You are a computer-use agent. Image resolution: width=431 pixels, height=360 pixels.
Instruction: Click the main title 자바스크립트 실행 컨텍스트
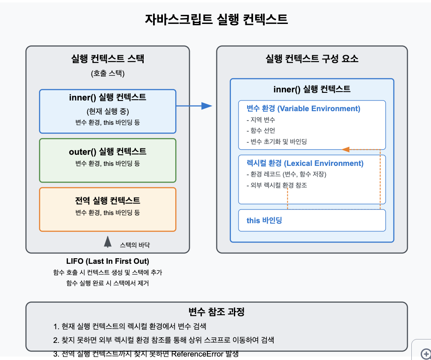216,19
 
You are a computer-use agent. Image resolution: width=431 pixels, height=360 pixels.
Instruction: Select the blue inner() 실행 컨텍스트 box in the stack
107,111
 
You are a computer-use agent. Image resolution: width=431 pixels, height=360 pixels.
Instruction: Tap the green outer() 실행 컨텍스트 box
107,160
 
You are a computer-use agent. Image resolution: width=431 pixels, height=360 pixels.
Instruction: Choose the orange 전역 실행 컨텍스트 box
107,210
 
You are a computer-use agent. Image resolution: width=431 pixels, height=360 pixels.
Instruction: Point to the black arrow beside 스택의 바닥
108,242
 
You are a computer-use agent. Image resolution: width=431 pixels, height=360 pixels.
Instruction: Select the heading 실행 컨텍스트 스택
107,59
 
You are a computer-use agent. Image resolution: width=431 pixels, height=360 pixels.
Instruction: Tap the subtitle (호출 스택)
107,74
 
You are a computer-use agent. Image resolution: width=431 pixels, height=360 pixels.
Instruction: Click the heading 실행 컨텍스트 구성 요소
312,59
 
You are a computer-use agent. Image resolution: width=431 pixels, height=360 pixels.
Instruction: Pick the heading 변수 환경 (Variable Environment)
303,109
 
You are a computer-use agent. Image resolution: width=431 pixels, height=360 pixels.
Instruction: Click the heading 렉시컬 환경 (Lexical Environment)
305,163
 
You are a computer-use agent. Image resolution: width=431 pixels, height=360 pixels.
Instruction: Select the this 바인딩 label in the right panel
264,221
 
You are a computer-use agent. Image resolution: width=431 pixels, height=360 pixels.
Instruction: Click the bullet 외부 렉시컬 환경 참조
277,186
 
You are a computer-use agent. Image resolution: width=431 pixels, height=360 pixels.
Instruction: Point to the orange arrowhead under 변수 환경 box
346,150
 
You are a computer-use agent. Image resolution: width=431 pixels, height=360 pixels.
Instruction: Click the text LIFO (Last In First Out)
107,261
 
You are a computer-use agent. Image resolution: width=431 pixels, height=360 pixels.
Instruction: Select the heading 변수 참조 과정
216,312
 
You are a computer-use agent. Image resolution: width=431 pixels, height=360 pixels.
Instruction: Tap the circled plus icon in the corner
425,354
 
